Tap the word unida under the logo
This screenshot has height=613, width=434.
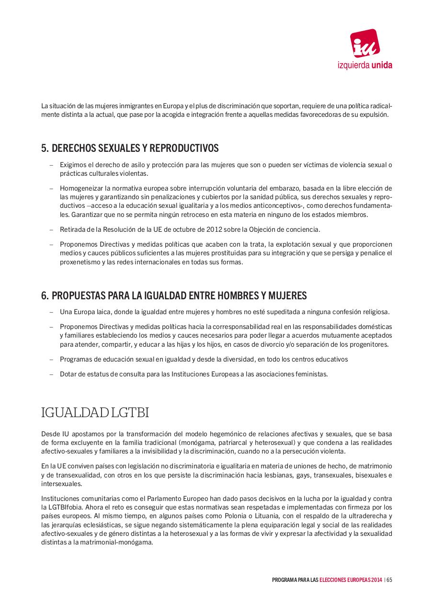pos(382,66)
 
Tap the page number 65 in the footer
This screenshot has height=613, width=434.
pos(389,580)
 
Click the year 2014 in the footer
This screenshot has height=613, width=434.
pos(376,580)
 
